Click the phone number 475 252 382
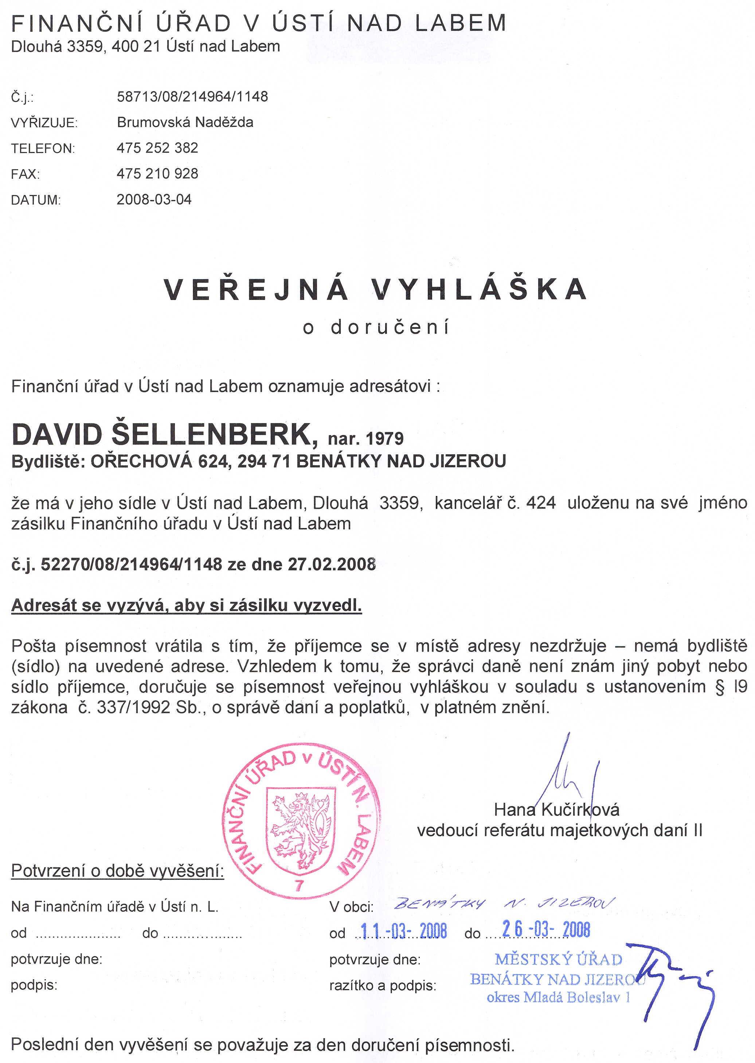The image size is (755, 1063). click(x=157, y=148)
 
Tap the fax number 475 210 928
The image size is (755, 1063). click(x=157, y=173)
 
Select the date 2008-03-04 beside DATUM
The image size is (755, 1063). click(x=154, y=199)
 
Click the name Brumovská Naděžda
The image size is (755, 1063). click(x=185, y=122)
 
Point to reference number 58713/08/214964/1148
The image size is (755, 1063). click(x=192, y=96)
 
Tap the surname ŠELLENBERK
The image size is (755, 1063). click(x=214, y=435)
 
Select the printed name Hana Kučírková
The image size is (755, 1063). click(x=556, y=810)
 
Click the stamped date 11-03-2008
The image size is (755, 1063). click(x=403, y=931)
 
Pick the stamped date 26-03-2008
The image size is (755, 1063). click(x=546, y=930)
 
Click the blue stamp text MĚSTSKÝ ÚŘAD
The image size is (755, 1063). click(x=558, y=960)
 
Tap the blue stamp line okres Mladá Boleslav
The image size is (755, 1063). click(x=558, y=997)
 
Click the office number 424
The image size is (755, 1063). click(x=541, y=503)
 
